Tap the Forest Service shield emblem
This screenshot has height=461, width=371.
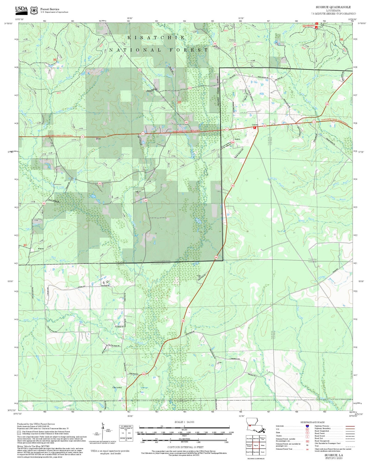click(x=34, y=11)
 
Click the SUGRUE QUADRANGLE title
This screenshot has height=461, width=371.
click(x=333, y=7)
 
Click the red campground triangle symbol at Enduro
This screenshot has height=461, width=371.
click(x=317, y=24)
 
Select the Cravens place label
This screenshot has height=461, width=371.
click(x=255, y=125)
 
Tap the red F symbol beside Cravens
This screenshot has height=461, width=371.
click(x=255, y=127)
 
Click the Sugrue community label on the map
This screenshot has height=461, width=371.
click(x=237, y=139)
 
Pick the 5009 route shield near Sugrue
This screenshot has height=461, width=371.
click(x=233, y=142)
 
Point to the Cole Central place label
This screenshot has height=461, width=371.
click(x=117, y=387)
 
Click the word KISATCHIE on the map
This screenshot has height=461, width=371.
click(x=156, y=38)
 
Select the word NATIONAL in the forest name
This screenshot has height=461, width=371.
click(x=135, y=50)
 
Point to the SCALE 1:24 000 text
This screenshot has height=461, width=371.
click(x=184, y=422)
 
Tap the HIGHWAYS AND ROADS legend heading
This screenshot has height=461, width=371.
click(x=312, y=422)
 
